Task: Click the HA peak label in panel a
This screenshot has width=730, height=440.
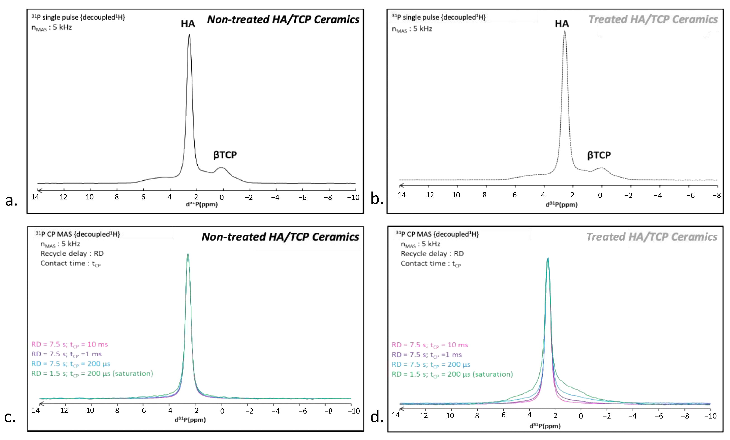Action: (188, 24)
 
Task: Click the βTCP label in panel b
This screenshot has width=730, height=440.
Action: (599, 155)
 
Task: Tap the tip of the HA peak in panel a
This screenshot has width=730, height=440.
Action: (189, 35)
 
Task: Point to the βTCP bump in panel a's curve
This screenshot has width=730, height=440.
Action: (221, 168)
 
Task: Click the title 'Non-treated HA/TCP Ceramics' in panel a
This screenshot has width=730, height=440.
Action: (283, 19)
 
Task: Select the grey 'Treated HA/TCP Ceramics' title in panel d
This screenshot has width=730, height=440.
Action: (652, 237)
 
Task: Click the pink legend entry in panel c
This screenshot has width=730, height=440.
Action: (70, 344)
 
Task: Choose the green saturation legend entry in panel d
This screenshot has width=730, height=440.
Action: (452, 374)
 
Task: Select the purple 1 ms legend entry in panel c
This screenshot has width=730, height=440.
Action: (67, 354)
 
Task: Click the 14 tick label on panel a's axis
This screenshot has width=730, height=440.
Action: (35, 197)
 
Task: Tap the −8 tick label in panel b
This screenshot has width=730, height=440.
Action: (716, 195)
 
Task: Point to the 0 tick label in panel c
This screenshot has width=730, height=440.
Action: (222, 411)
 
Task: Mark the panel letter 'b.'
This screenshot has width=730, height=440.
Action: (377, 199)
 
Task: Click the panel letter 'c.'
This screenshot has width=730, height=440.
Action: (10, 417)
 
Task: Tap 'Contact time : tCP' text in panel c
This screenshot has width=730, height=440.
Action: (71, 264)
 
